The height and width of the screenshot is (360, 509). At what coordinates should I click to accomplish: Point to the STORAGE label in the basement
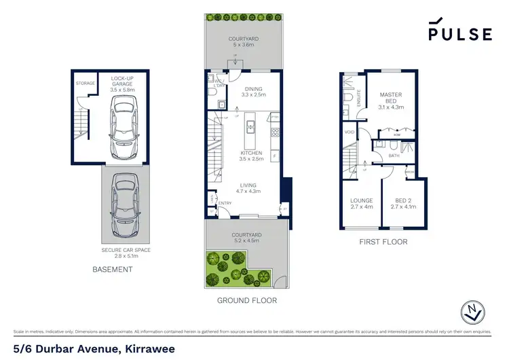[85, 84]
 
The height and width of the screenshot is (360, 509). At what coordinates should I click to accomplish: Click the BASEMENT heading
[112, 270]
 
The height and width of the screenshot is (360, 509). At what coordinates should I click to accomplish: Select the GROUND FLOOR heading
[246, 300]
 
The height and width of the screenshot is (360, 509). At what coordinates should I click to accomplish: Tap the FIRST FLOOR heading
[383, 241]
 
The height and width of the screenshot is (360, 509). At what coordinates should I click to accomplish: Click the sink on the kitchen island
[249, 125]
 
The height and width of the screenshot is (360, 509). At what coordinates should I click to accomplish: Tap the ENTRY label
[225, 203]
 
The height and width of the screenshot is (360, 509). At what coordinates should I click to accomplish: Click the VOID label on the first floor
[350, 132]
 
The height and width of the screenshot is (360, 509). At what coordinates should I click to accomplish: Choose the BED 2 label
[403, 203]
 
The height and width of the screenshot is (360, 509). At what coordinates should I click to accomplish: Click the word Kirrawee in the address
[148, 348]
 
